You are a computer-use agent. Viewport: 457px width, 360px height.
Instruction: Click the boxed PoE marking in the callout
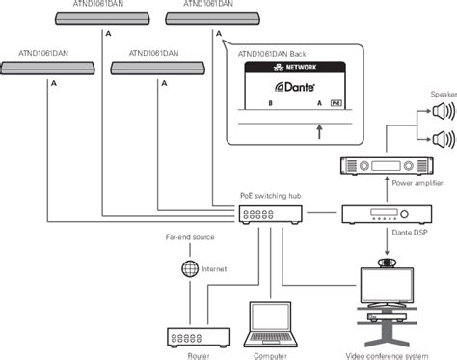pyautogui.click(x=336, y=101)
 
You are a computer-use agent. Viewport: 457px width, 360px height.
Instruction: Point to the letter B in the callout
pyautogui.click(x=270, y=101)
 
